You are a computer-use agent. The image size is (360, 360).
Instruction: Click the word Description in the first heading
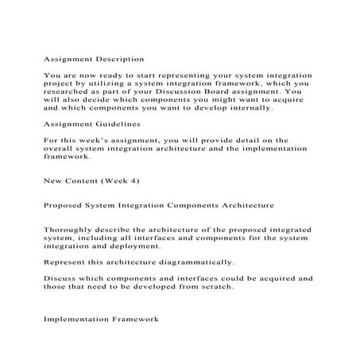pos(120,59)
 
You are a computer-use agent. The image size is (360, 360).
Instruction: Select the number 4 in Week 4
pos(142,180)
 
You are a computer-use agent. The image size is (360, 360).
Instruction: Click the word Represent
pos(67,261)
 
